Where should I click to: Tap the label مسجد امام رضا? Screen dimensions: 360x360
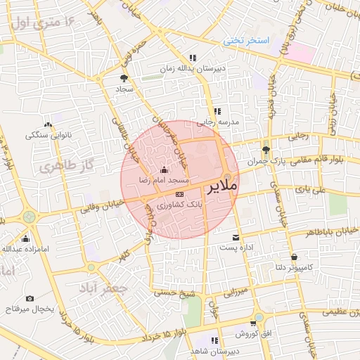(165, 181)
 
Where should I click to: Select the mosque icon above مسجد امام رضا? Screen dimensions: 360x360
(165, 169)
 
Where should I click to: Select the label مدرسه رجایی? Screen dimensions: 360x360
(218, 122)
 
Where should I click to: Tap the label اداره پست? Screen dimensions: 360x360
(236, 248)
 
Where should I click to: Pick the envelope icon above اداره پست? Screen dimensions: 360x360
(236, 238)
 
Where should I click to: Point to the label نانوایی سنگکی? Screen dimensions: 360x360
(47, 134)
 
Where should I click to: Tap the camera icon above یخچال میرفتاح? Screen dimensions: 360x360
(30, 298)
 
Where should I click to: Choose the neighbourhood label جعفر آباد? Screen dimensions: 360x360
(103, 288)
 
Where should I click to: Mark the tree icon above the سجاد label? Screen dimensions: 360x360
(124, 79)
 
